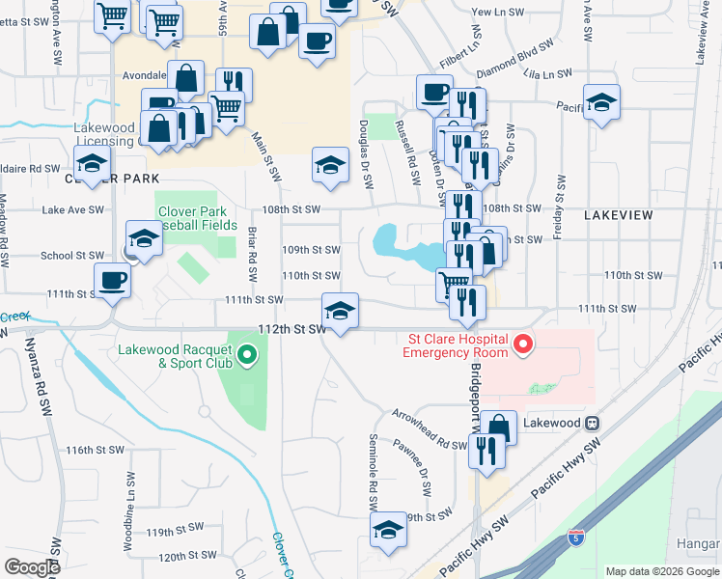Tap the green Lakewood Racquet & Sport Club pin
248,356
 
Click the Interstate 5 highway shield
576,537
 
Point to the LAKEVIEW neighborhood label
618,215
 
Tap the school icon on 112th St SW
339,311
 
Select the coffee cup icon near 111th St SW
113,280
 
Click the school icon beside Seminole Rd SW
388,529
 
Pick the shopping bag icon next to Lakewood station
499,427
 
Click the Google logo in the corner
32,567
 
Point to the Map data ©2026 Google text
661,571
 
